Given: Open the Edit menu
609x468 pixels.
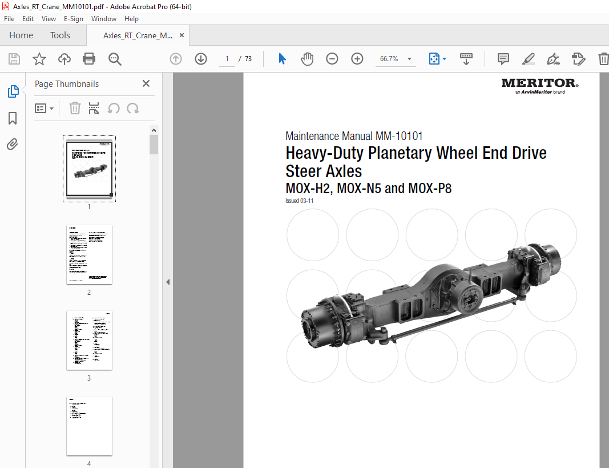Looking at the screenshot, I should coord(28,19).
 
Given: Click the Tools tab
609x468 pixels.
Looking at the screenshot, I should coord(60,35).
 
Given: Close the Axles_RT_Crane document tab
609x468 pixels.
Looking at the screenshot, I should coord(182,35).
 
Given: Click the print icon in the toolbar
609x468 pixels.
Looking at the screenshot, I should coord(89,59).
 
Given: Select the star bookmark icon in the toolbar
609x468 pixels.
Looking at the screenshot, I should coord(39,59).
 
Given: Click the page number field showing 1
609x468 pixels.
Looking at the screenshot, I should coord(227,59).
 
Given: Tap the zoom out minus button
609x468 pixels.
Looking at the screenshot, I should coord(332,59).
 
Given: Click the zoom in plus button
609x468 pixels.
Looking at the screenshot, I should coord(357,59).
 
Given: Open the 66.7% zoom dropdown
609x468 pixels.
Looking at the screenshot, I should coord(409,59).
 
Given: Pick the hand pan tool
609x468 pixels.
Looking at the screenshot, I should coord(307,59).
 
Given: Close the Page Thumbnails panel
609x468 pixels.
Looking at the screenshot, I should coord(146,83).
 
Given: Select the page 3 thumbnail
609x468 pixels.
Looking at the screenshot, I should coord(89,340).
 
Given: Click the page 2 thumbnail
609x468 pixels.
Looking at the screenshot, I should coord(89,254).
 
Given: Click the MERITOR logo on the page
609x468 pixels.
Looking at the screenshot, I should coord(539,84).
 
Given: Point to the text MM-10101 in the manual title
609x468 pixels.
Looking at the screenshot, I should coord(399,136).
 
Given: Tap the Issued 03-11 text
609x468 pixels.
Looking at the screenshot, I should coord(300,201).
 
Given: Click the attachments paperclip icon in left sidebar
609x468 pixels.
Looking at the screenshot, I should coord(13,145).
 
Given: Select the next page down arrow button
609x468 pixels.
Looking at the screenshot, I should coord(201,59).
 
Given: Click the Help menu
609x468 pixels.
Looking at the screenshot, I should coord(131,19).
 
